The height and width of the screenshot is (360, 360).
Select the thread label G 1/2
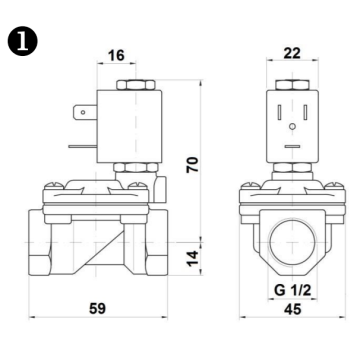pyautogui.click(x=292, y=290)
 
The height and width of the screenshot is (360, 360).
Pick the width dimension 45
pyautogui.click(x=292, y=310)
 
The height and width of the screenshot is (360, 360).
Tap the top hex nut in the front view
pyautogui.click(x=292, y=84)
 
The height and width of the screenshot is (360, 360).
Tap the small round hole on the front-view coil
pyautogui.click(x=292, y=129)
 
